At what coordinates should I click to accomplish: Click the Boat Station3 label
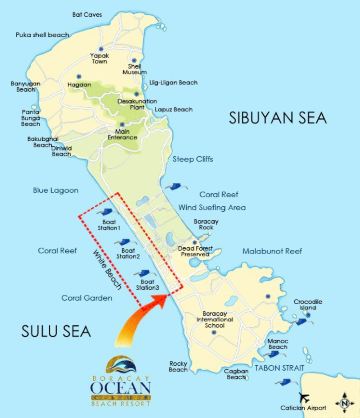149,286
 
